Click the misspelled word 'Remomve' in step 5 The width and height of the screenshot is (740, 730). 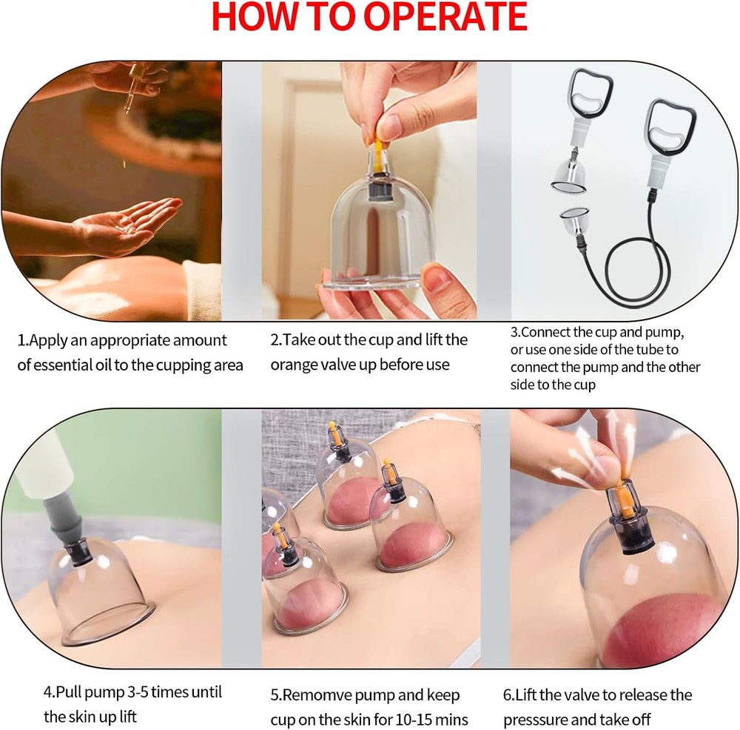click(x=312, y=695)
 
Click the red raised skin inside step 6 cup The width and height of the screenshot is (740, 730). click(x=666, y=629)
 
